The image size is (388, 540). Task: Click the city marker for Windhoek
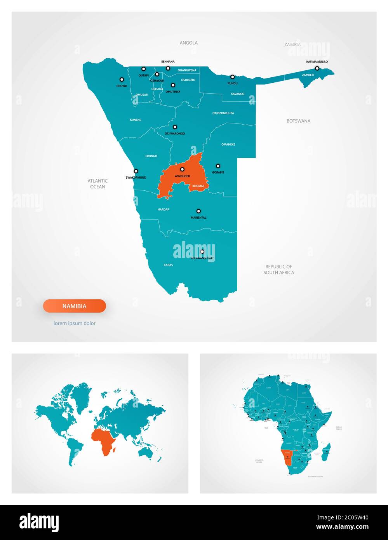pyautogui.click(x=182, y=169)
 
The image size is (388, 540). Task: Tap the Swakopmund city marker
pyautogui.click(x=136, y=171)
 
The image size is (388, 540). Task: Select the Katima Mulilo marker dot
pyautogui.click(x=317, y=68)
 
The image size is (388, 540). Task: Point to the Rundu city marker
pyautogui.click(x=232, y=77)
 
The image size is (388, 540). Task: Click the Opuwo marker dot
pyautogui.click(x=122, y=79)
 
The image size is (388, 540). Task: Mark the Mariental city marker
pyautogui.click(x=198, y=211)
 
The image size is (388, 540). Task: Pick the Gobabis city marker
pyautogui.click(x=218, y=166)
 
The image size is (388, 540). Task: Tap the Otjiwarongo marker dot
pyautogui.click(x=175, y=127)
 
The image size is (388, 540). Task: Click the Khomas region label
pyautogui.click(x=198, y=186)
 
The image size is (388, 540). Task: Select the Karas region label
pyautogui.click(x=168, y=265)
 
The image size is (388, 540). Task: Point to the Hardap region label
pyautogui.click(x=163, y=209)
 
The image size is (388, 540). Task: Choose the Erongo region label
pyautogui.click(x=151, y=156)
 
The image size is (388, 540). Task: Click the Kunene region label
pyautogui.click(x=136, y=120)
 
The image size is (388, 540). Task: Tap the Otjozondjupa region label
pyautogui.click(x=223, y=113)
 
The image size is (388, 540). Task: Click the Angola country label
pyautogui.click(x=188, y=43)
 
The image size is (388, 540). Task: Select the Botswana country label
pyautogui.click(x=298, y=121)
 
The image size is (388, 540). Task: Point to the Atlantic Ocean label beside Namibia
pyautogui.click(x=97, y=184)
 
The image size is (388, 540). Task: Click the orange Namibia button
pyautogui.click(x=75, y=306)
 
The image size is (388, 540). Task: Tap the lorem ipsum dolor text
pyautogui.click(x=75, y=323)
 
